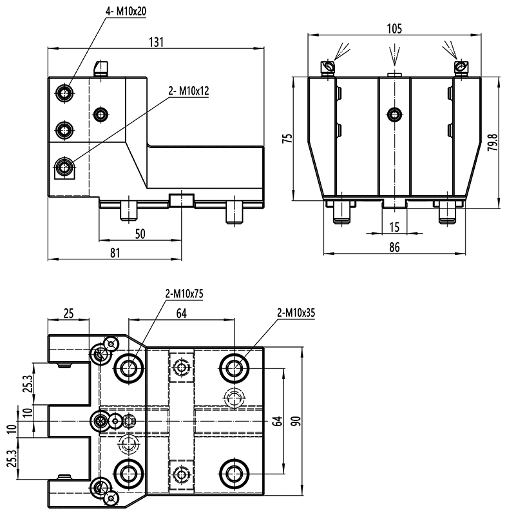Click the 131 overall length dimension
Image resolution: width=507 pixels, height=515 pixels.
point(157,42)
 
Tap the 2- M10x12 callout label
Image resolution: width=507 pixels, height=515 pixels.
point(189,91)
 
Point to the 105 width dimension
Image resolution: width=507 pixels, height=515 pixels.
point(394,28)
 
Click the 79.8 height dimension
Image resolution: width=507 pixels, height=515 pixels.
point(492,142)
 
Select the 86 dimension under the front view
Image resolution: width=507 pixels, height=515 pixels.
point(394,247)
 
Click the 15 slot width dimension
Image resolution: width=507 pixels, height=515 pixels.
point(394,227)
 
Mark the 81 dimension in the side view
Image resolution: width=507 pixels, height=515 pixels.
point(115,253)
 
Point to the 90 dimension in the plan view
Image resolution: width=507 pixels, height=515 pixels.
point(296,421)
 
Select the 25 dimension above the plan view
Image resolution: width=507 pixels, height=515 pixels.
point(68,314)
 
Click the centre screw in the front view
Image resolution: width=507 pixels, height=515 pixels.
point(393,115)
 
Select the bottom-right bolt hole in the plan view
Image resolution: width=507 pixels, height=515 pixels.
point(232,473)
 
